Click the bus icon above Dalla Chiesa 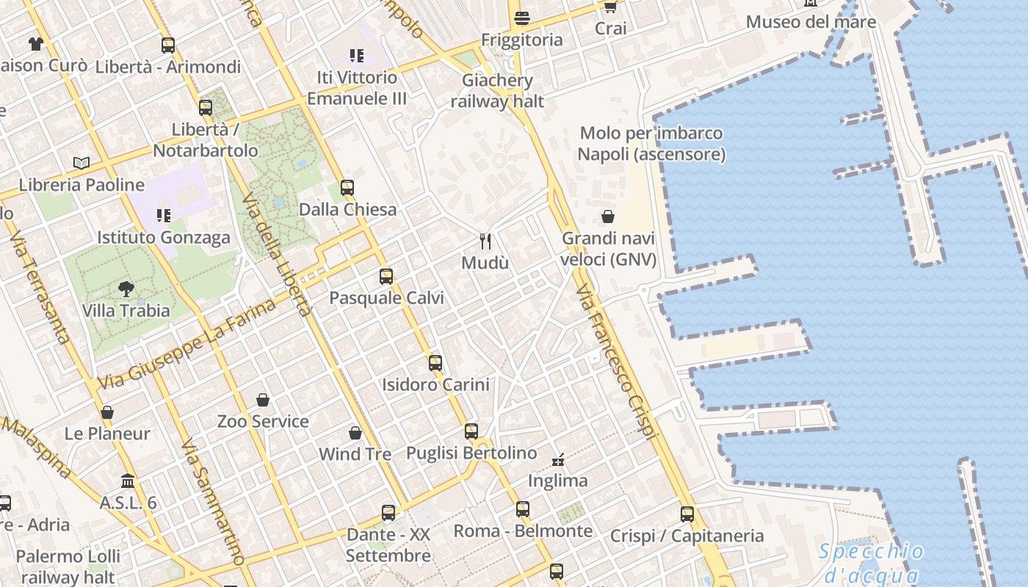[x=347, y=188]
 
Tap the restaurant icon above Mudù [x=485, y=241]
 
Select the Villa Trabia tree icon [x=126, y=288]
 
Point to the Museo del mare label [x=811, y=22]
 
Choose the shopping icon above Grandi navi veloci [x=608, y=216]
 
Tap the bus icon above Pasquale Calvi [x=386, y=277]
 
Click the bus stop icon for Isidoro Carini [x=435, y=362]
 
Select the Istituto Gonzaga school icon [x=163, y=216]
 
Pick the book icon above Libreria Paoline [x=82, y=163]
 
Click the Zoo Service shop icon [x=263, y=400]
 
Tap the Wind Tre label [x=355, y=454]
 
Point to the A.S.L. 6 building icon [x=128, y=481]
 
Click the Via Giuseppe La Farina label [x=187, y=345]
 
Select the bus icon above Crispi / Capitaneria [x=687, y=514]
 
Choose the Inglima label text [x=558, y=481]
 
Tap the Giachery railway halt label [x=498, y=91]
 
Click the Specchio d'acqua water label [x=872, y=563]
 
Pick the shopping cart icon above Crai [x=610, y=7]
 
